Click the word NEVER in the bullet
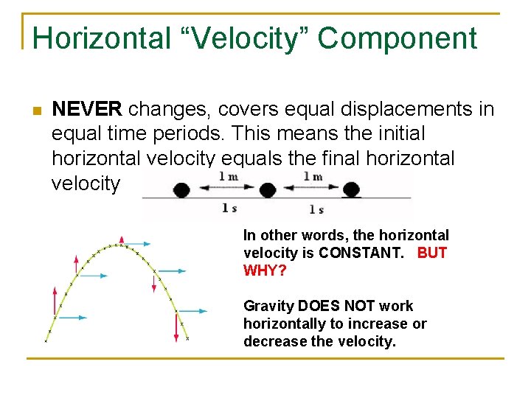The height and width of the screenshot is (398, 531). click(x=87, y=110)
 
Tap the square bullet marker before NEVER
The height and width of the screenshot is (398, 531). click(x=35, y=111)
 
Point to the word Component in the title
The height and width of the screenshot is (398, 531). click(x=399, y=38)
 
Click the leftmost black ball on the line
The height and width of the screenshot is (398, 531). click(x=181, y=189)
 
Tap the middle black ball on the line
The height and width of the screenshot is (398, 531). click(x=267, y=189)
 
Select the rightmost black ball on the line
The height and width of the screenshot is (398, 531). click(x=352, y=189)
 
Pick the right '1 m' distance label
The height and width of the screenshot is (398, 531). click(x=313, y=177)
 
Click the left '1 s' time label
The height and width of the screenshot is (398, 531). click(x=229, y=209)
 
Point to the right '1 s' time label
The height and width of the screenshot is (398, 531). click(x=316, y=209)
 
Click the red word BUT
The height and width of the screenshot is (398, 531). click(x=432, y=253)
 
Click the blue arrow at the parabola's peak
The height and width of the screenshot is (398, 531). click(x=136, y=243)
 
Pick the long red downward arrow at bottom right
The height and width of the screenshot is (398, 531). click(x=176, y=327)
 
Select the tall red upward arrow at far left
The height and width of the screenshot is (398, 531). click(x=53, y=301)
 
